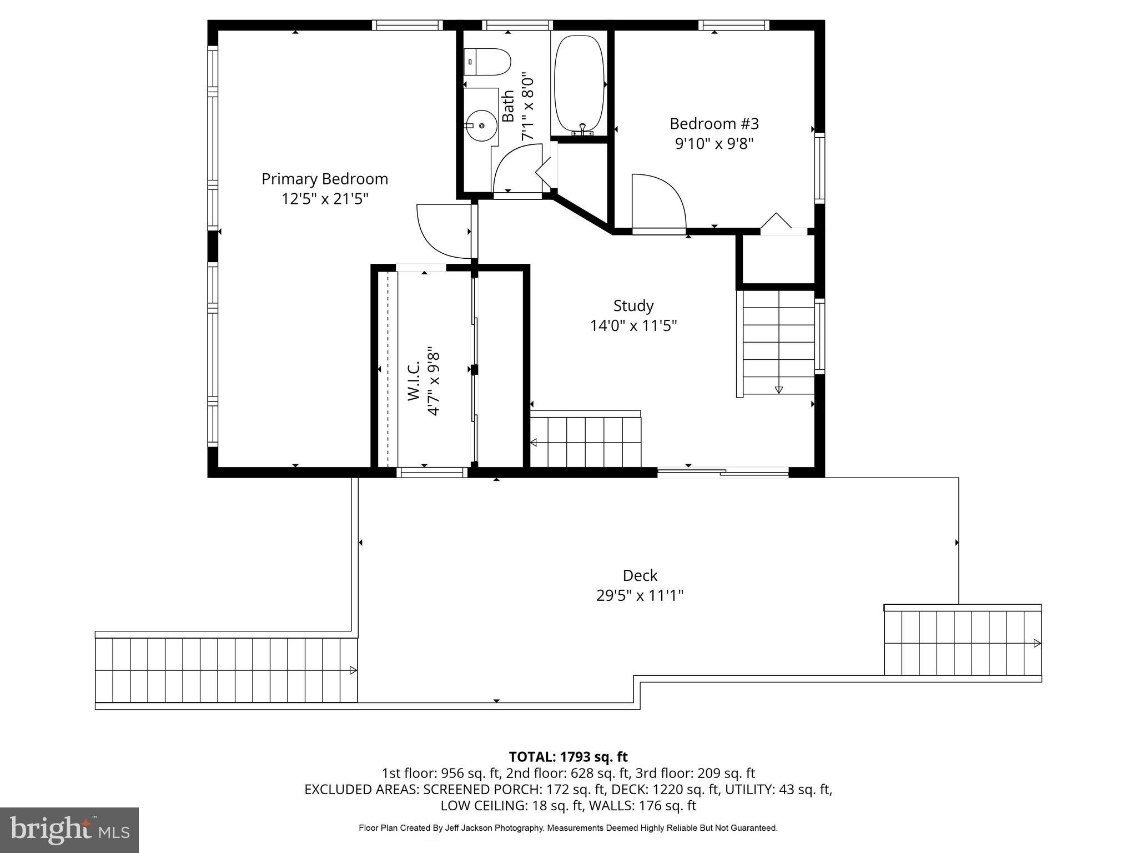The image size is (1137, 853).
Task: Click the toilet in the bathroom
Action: click(x=487, y=62)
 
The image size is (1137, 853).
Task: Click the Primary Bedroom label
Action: click(x=325, y=179)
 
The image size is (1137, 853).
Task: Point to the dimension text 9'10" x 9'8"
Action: click(x=714, y=144)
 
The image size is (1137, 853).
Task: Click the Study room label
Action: click(x=633, y=306)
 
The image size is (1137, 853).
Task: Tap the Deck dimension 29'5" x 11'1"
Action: click(x=640, y=596)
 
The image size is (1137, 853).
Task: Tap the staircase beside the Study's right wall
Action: click(x=778, y=342)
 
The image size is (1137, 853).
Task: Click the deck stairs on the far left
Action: click(x=226, y=670)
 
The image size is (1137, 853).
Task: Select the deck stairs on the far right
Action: click(x=962, y=643)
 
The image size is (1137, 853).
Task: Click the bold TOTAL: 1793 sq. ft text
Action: click(x=568, y=757)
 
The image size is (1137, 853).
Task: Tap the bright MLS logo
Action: click(x=69, y=830)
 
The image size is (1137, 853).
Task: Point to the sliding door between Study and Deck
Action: click(x=723, y=473)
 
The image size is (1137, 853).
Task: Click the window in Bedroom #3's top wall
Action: click(x=733, y=25)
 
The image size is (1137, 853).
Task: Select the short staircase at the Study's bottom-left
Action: click(x=586, y=442)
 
